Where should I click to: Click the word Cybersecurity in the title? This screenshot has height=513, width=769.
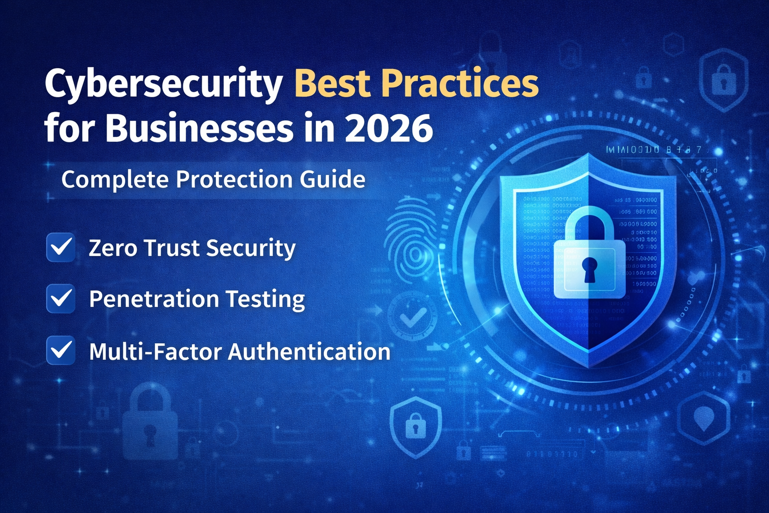click(163, 84)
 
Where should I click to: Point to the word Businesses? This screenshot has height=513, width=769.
click(199, 128)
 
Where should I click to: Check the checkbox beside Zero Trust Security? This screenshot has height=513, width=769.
click(61, 247)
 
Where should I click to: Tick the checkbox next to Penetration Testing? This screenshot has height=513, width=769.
click(61, 299)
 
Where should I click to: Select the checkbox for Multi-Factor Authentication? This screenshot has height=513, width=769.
click(61, 350)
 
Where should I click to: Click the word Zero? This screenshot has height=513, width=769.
click(110, 248)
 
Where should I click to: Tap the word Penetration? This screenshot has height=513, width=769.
click(154, 299)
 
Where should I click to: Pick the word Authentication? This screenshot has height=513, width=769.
click(309, 351)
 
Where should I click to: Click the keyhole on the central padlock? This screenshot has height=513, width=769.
click(589, 269)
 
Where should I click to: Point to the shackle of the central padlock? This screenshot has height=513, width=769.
click(589, 220)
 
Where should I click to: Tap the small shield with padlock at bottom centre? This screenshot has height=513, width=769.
click(416, 426)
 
